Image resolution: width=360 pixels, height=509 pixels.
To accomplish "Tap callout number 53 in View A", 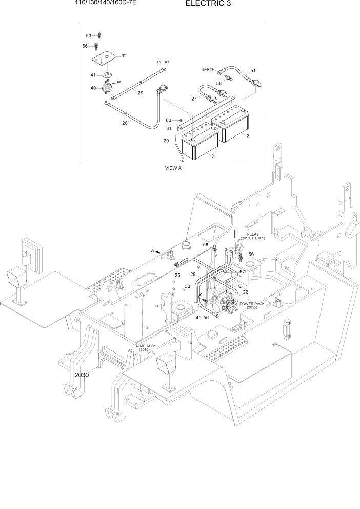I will click(88, 35).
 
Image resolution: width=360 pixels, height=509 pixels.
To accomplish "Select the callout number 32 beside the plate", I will click(124, 56).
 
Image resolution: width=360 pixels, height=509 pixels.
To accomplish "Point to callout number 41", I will click(93, 75).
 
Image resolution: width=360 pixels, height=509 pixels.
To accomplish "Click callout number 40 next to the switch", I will click(93, 88).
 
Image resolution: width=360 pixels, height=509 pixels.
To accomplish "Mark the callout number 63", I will click(168, 120).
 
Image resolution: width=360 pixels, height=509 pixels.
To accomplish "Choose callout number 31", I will click(168, 128).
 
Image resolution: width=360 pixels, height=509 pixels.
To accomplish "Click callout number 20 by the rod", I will click(166, 141).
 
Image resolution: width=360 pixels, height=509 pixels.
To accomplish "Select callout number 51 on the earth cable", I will click(253, 70).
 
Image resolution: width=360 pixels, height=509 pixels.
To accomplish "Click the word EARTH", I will click(209, 69).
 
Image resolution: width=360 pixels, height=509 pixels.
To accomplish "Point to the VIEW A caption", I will click(173, 168).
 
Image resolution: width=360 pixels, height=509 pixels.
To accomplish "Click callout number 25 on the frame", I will click(177, 276).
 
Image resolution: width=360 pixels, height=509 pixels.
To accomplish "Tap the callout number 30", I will click(188, 286).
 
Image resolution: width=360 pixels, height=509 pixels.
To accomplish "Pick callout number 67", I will click(242, 272).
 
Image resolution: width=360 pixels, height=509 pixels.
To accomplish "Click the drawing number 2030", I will click(82, 375).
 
